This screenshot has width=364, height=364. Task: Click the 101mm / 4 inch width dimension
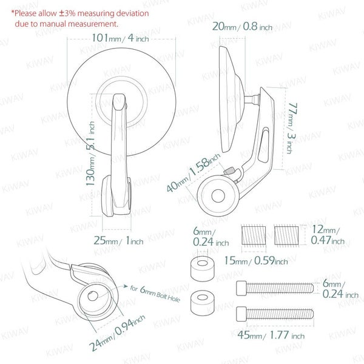pos(120,38)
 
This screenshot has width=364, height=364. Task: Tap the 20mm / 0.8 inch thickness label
pos(242,27)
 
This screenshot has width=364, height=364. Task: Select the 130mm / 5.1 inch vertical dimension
pos(90,153)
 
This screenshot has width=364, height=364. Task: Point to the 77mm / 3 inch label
pos(292,128)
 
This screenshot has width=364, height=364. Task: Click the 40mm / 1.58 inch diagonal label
pos(194,173)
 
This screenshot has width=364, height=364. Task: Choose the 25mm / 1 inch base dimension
pos(118,240)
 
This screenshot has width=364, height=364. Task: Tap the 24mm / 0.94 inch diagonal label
pos(117,333)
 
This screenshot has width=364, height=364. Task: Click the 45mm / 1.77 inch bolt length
pos(271,335)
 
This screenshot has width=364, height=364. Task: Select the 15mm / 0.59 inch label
pos(256,260)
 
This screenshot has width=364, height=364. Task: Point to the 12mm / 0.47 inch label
pos(328,235)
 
